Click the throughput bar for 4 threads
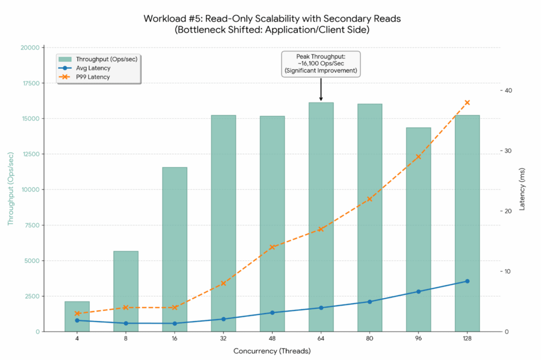(77, 316)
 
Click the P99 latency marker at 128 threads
(467, 102)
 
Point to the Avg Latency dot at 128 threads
(467, 281)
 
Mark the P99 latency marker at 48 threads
(272, 247)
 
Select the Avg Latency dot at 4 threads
(77, 320)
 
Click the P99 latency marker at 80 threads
(370, 199)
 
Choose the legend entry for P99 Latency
(92, 77)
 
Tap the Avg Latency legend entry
(93, 68)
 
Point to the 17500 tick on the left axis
(29, 83)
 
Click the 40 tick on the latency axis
(509, 90)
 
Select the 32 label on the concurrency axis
(223, 338)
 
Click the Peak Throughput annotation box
(321, 63)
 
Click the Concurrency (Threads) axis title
(272, 350)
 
